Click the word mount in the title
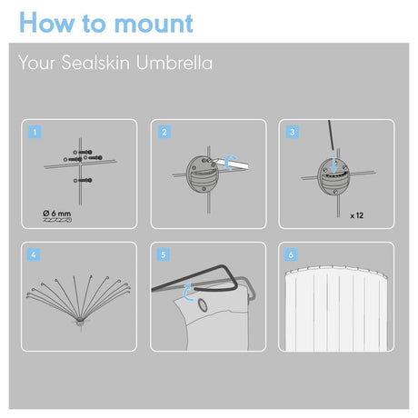154,24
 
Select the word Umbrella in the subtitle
174,63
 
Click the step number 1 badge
35,132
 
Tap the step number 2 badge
164,132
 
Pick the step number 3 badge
293,132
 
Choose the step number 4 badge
34,254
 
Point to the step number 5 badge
163,254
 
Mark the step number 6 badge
291,254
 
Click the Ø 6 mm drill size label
57,214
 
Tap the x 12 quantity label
357,215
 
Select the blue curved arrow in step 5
187,293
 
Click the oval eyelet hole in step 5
203,305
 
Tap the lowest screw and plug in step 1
83,181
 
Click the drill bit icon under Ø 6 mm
57,220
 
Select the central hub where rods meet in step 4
81,321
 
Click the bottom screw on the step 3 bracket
335,192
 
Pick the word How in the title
46,23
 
